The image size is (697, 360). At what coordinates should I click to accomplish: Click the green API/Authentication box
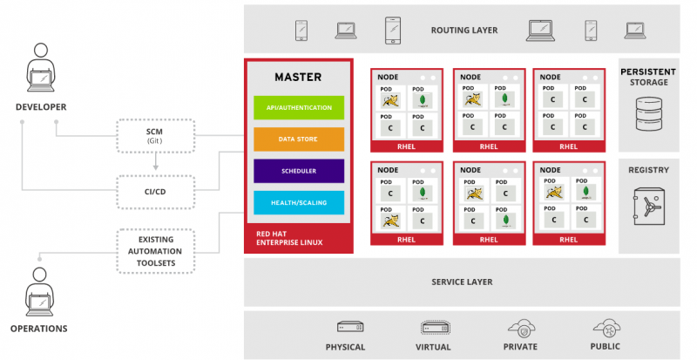299,107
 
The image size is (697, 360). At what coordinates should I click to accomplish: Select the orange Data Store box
299,139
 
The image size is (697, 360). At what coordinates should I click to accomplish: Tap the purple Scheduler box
299,171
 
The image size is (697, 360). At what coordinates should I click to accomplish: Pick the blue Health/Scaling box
299,202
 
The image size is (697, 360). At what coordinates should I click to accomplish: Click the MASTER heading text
299,77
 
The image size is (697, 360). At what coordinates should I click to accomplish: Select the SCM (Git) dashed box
154,135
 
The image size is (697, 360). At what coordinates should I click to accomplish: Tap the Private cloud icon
520,328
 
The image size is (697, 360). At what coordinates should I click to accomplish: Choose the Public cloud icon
605,328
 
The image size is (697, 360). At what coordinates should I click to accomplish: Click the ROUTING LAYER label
464,31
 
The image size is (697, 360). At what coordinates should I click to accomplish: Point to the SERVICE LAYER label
462,282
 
